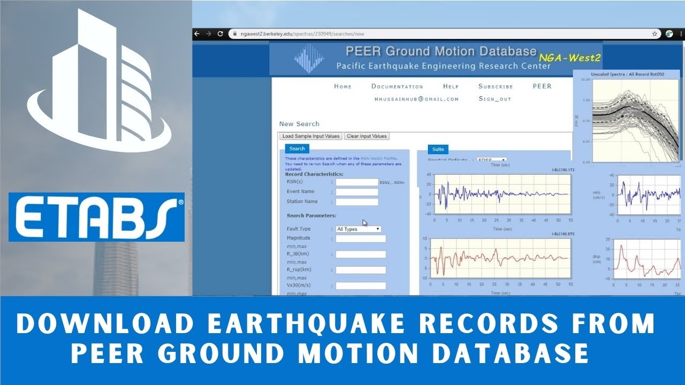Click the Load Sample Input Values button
tap(311, 136)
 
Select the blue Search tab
tap(297, 149)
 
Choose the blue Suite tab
tap(438, 149)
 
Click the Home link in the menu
tap(342, 86)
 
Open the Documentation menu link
tap(397, 86)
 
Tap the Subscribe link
tap(496, 86)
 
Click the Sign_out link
tap(494, 99)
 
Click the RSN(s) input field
tap(356, 182)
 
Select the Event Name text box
tap(356, 192)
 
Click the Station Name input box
tap(356, 202)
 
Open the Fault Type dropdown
tap(358, 229)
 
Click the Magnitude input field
tap(360, 239)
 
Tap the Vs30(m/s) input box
tap(360, 286)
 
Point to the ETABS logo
tap(96, 217)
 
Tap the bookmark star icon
tap(654, 33)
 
